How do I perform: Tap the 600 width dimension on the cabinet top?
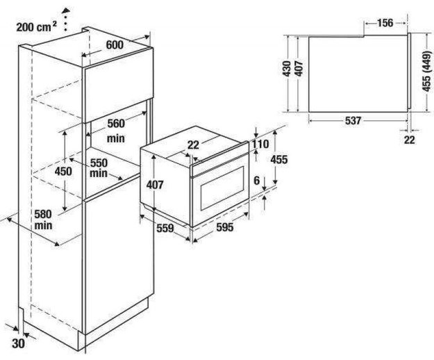pos(115,44)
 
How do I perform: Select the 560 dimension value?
pos(115,124)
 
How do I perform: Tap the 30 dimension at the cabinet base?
pos(19,341)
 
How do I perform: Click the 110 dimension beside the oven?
pos(260,144)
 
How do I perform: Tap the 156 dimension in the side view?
pos(384,22)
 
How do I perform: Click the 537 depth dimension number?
pos(353,120)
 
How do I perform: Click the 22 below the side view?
pos(409,139)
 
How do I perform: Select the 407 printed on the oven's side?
pos(155,185)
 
